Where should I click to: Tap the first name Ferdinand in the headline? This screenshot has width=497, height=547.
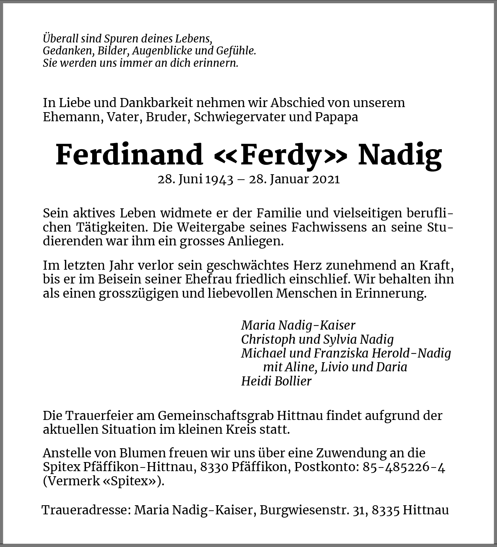[129, 155]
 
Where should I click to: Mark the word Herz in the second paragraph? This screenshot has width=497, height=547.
[311, 265]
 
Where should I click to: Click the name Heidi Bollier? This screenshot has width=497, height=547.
[276, 381]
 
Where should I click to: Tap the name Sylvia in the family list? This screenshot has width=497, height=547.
[340, 339]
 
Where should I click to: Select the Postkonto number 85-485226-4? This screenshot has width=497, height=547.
[404, 467]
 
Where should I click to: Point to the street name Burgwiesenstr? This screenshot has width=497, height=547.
[304, 510]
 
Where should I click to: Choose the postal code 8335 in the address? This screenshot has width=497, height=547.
[386, 510]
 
